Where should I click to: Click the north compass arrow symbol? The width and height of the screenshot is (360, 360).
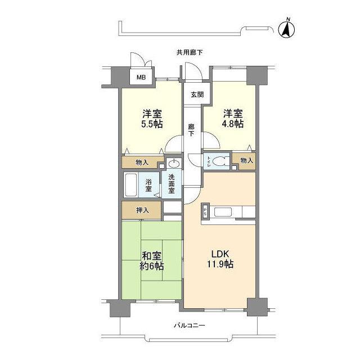pyautogui.click(x=286, y=29)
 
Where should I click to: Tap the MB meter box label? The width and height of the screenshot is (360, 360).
pyautogui.click(x=141, y=78)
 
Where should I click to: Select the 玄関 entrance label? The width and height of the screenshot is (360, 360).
pyautogui.click(x=197, y=94)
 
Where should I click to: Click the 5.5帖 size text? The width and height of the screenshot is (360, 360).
pyautogui.click(x=152, y=124)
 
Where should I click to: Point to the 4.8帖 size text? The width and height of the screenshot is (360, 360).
pyautogui.click(x=232, y=124)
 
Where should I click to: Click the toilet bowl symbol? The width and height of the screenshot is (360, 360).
pyautogui.click(x=220, y=161)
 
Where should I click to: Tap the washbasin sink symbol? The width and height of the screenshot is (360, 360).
pyautogui.click(x=174, y=164)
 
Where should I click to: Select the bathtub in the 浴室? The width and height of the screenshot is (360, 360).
pyautogui.click(x=131, y=185)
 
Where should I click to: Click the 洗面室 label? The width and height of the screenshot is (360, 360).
pyautogui.click(x=172, y=184)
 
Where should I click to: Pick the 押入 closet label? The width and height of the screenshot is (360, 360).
pyautogui.click(x=142, y=210)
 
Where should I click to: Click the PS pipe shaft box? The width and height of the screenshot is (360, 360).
pyautogui.click(x=205, y=210)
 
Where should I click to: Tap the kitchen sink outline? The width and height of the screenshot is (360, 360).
pyautogui.click(x=223, y=212)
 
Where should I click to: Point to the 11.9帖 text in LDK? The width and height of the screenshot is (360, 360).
pyautogui.click(x=220, y=264)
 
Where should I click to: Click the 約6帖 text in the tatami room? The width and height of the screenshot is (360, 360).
pyautogui.click(x=152, y=266)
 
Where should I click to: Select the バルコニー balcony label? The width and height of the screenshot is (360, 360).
pyautogui.click(x=189, y=325)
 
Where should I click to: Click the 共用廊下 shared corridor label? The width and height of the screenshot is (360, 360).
pyautogui.click(x=190, y=52)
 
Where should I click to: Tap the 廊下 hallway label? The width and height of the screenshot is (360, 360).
pyautogui.click(x=191, y=130)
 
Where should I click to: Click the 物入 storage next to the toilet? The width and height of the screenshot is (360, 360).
pyautogui.click(x=246, y=160)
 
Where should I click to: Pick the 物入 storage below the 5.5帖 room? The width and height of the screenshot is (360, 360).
pyautogui.click(x=142, y=163)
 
